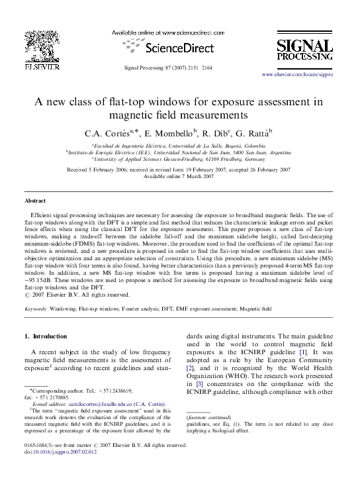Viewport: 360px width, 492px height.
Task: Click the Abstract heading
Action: pyautogui.click(x=35, y=200)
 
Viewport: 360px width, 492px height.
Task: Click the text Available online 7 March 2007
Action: pyautogui.click(x=180, y=177)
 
